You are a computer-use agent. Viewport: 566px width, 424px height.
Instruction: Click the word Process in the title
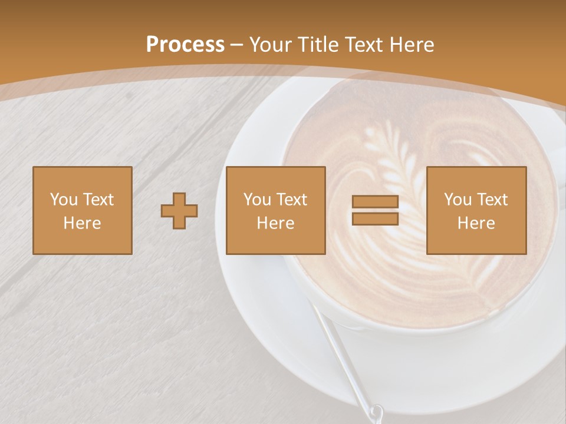coord(185,45)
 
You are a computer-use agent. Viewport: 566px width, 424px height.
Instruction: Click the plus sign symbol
coord(179,211)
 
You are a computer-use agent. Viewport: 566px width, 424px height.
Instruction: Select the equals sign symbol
coord(375,211)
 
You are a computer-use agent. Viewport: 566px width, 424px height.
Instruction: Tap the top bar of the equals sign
coord(375,202)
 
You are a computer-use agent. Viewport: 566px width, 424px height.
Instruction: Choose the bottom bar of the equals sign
coord(375,219)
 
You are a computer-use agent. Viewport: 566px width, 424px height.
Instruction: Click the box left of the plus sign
coord(83,211)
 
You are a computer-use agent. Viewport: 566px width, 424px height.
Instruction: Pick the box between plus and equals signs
coord(276,211)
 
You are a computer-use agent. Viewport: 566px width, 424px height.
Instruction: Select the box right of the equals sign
coord(476,211)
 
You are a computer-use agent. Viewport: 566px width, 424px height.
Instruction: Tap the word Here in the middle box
coord(276,223)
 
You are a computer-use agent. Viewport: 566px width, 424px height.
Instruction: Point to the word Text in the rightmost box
coord(492,200)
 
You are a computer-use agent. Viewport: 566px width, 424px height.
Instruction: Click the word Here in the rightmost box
coord(476,223)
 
